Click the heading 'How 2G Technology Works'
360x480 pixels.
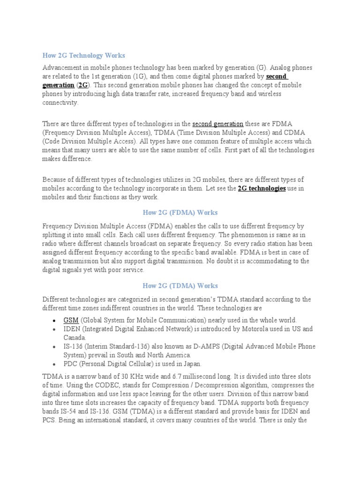83,55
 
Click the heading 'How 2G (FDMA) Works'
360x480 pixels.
180,212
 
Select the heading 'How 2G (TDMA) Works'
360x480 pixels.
180,285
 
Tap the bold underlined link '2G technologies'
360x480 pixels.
262,188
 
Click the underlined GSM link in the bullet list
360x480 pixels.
71,320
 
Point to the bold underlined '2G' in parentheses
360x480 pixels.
82,85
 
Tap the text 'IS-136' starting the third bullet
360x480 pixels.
73,346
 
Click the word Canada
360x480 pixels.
74,337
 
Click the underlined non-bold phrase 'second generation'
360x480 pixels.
217,124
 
